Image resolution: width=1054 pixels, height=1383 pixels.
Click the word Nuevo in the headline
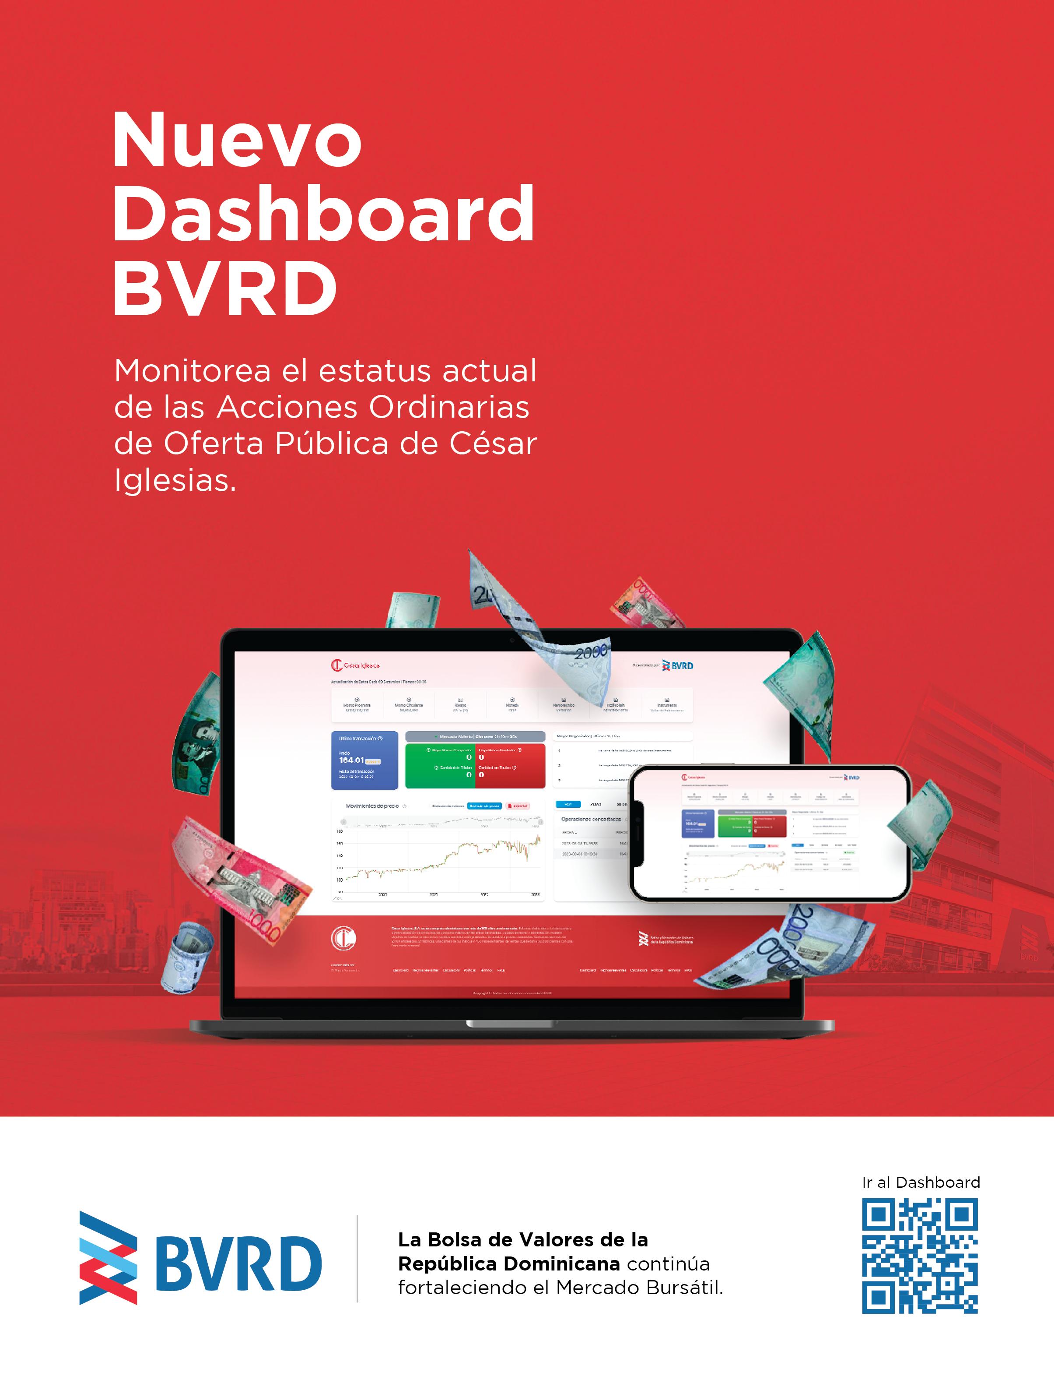pyautogui.click(x=237, y=139)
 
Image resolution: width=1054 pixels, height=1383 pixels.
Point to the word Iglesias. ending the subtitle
pyautogui.click(x=175, y=481)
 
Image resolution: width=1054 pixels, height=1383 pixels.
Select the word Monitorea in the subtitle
pyautogui.click(x=192, y=371)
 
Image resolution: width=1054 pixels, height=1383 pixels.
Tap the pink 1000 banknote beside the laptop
pyautogui.click(x=242, y=876)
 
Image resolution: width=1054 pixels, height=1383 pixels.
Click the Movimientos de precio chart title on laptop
pyautogui.click(x=372, y=806)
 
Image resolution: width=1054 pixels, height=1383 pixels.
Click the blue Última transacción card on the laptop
pyautogui.click(x=364, y=760)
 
